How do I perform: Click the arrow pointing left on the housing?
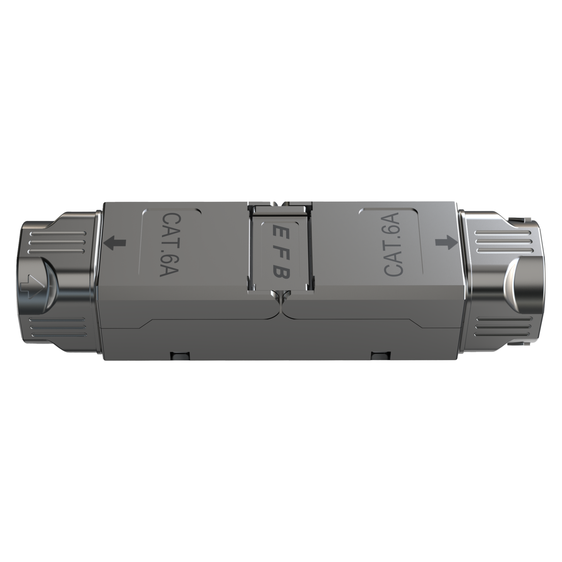(115, 243)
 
